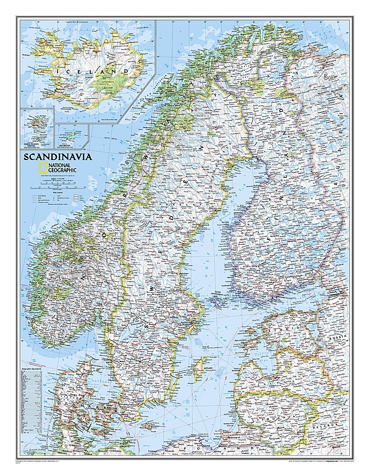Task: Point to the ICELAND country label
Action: coord(93,72)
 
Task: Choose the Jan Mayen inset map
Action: coord(72,134)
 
